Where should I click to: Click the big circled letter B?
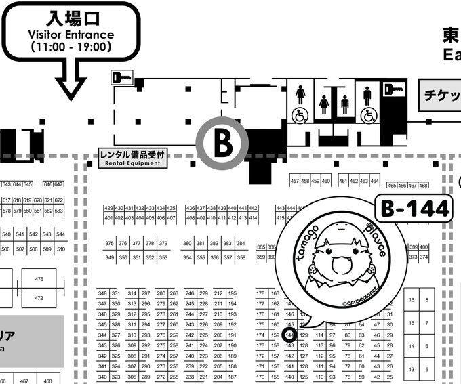click(x=222, y=143)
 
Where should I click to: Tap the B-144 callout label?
click(x=413, y=209)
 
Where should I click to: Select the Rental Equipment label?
click(x=132, y=157)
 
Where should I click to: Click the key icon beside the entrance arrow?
click(x=123, y=78)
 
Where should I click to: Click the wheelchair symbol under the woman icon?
click(x=299, y=115)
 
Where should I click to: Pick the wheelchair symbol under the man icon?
click(x=369, y=115)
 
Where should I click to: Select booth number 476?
click(x=39, y=279)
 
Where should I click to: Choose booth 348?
click(x=102, y=293)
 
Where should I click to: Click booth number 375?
click(x=109, y=244)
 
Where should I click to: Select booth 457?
click(x=295, y=181)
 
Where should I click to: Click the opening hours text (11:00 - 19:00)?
click(x=71, y=47)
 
